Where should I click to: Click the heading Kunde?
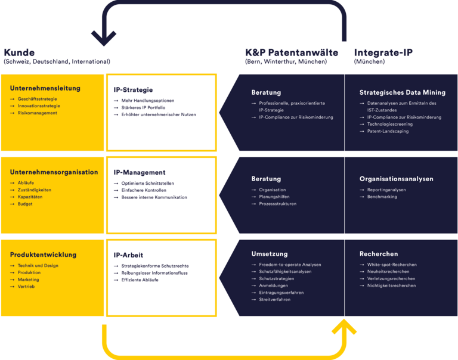pyautogui.click(x=19, y=52)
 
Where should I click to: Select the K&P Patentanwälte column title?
pyautogui.click(x=292, y=52)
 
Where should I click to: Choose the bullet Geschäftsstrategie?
pyautogui.click(x=37, y=98)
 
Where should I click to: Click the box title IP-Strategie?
pyautogui.click(x=133, y=90)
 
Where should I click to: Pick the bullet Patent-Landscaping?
pyautogui.click(x=388, y=131)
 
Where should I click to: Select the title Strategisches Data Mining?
pyautogui.click(x=402, y=92)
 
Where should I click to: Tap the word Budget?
pyautogui.click(x=26, y=204)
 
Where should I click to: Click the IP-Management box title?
pyautogui.click(x=140, y=173)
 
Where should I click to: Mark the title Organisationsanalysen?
pyautogui.click(x=396, y=179)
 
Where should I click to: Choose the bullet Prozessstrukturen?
pyautogui.click(x=277, y=204)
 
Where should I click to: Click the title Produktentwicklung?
pyautogui.click(x=43, y=255)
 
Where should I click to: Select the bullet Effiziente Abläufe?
pyautogui.click(x=140, y=280)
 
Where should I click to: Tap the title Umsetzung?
pyautogui.click(x=270, y=253)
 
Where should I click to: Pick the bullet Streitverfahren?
pyautogui.click(x=274, y=299)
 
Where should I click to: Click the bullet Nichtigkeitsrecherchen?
pyautogui.click(x=391, y=285)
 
